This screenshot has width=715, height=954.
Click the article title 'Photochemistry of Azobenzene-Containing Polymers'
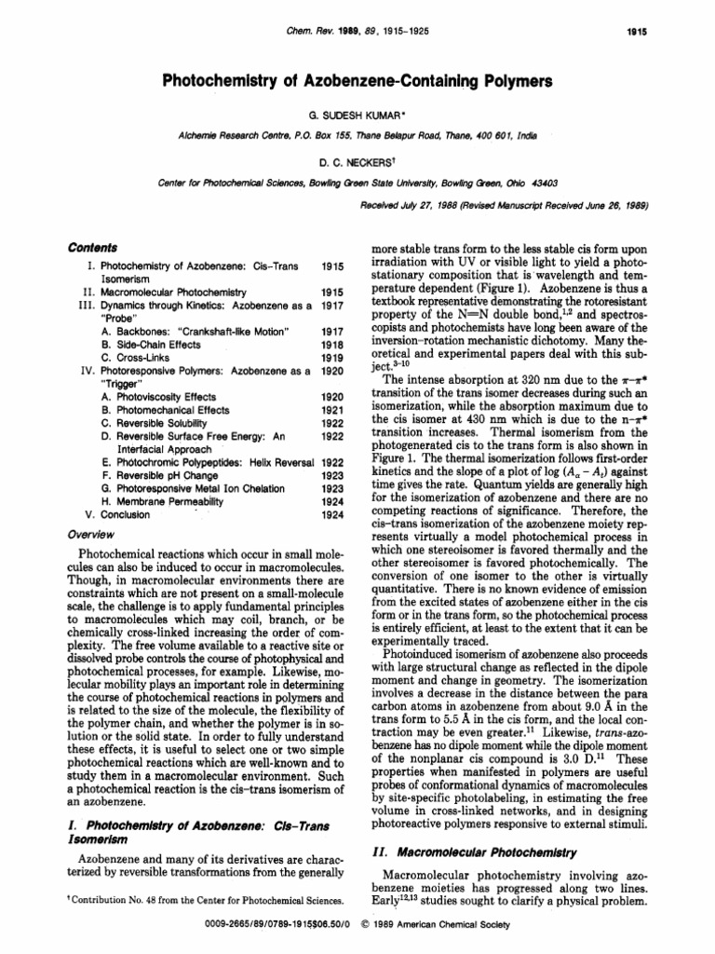point(357,82)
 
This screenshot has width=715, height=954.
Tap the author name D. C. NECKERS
point(357,158)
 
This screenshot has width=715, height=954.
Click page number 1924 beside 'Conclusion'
point(333,513)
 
